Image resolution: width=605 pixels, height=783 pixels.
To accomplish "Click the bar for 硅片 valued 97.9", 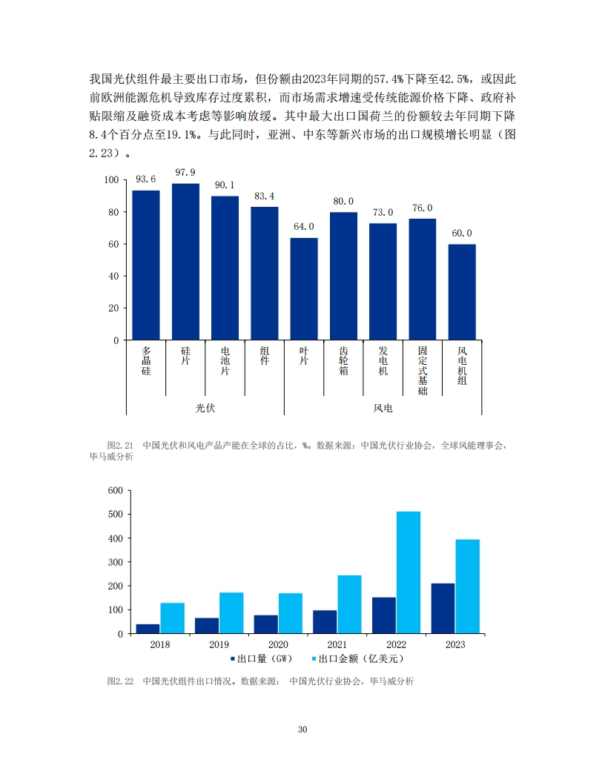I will [x=185, y=261].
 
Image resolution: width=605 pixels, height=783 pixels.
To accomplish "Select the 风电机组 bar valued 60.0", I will [x=462, y=291].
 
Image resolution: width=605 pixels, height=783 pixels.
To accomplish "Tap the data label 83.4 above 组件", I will [x=264, y=196].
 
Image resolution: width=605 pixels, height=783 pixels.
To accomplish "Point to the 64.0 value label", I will [x=304, y=227].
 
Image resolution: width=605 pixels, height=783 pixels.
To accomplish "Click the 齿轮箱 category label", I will [x=343, y=360].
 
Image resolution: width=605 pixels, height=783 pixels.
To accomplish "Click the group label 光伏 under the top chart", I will [x=205, y=408].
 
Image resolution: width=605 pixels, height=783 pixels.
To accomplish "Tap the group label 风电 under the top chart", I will [x=383, y=408].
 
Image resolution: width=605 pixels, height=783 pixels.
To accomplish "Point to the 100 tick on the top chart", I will [x=111, y=180].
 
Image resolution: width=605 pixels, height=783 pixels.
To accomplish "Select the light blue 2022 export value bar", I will [x=409, y=572].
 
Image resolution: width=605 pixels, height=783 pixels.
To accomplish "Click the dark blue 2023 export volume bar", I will [x=443, y=608].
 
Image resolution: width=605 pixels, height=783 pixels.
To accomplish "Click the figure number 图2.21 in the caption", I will [x=119, y=446].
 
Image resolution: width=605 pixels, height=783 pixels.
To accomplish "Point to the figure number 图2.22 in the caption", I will [x=119, y=681].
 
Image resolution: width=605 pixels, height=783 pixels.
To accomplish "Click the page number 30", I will [x=302, y=730].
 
